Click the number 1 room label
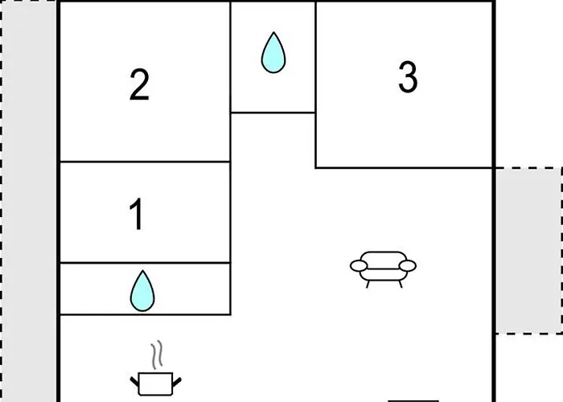pos(137,215)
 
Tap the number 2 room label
pos(139,84)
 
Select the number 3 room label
pos(408,77)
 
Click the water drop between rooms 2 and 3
pos(273,52)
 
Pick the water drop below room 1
pos(142,291)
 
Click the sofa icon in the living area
pos(383,269)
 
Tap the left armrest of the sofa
pos(359,266)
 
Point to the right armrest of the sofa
pos(408,266)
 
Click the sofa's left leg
pos(368,284)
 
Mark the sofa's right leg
pos(400,284)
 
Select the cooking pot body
pos(155,384)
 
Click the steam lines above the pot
pos(157,355)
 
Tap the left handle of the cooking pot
pos(134,382)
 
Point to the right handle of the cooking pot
pos(177,382)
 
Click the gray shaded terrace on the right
pos(529,251)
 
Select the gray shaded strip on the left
pos(29,201)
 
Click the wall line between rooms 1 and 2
pos(145,162)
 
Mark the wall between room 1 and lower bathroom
pos(145,263)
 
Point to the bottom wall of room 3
pos(405,167)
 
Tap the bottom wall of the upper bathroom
pos(273,113)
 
